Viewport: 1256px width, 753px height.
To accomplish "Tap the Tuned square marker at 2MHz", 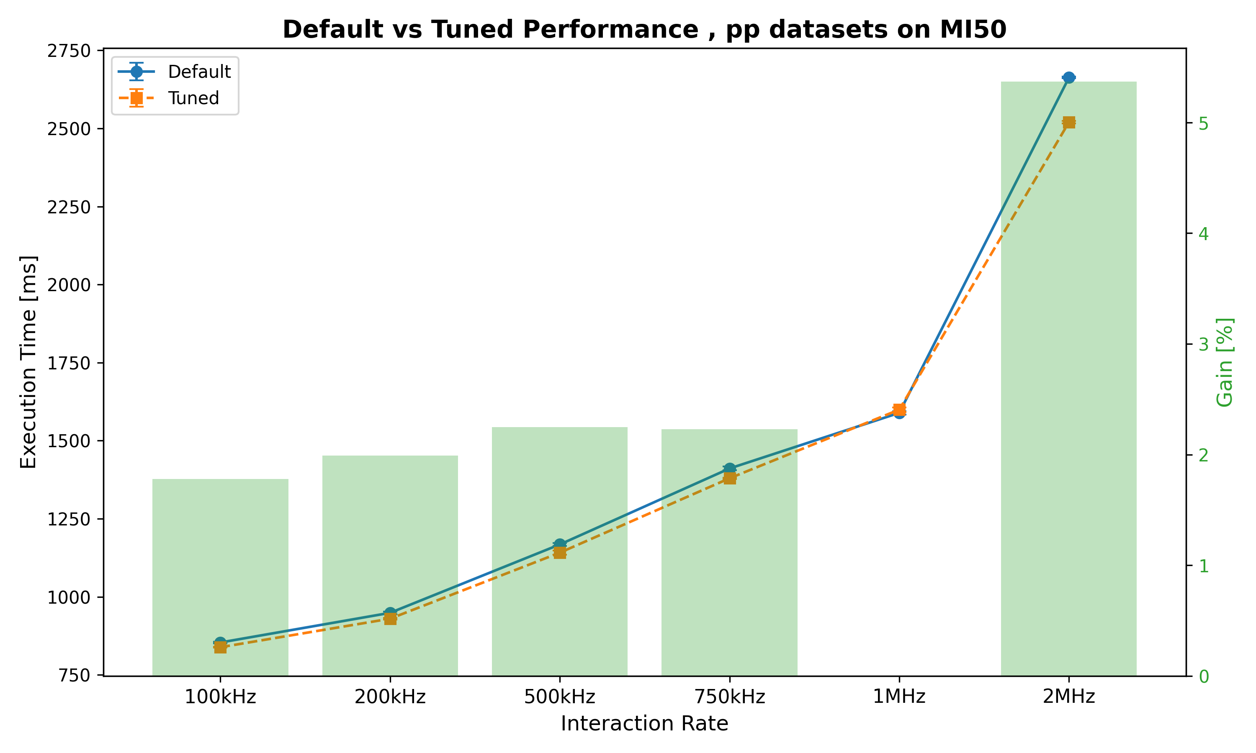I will [1069, 122].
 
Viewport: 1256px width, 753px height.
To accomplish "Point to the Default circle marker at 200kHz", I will [390, 613].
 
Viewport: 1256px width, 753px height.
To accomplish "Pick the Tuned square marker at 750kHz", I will [730, 478].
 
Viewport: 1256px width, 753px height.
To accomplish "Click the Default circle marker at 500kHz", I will [559, 544].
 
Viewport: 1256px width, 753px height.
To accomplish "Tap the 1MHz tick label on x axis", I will [899, 697].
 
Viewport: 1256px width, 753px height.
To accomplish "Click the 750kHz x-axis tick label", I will [730, 697].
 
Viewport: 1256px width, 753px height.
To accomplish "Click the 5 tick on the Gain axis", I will [1203, 124].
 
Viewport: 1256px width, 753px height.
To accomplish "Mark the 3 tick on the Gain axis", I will [1203, 345].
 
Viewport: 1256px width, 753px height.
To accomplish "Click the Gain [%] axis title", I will [1225, 362].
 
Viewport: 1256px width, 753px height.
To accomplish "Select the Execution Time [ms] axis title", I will [28, 362].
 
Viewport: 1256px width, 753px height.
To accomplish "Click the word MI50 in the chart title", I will [973, 29].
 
